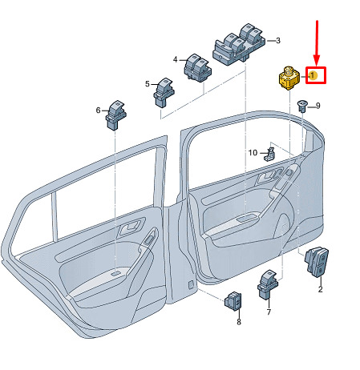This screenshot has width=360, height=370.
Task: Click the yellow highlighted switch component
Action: pos(289,78)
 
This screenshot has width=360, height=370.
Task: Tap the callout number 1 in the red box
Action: pos(313,75)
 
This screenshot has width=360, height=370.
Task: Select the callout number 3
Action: pos(278,41)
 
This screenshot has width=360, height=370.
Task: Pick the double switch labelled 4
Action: pos(197,68)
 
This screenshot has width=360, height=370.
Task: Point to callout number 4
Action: pos(175,59)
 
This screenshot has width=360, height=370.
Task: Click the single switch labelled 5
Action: pos(164,93)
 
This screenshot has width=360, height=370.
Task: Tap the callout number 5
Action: pos(148,84)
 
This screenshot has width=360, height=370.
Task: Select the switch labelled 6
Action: pos(116,115)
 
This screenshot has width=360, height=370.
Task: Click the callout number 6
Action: pos(98,111)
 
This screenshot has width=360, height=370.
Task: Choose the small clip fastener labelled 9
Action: pos(302,107)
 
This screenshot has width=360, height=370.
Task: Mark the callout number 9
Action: pos(318,106)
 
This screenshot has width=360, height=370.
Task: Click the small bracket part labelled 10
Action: pos(270,155)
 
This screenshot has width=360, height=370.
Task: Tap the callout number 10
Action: pos(253,153)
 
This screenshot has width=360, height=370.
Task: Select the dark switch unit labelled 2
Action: pos(317,263)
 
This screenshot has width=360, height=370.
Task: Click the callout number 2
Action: pos(320,289)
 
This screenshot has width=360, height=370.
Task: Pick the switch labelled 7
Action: pos(268,284)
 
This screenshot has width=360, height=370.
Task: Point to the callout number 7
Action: pos(269,312)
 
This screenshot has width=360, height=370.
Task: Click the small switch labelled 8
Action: pos(233,301)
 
